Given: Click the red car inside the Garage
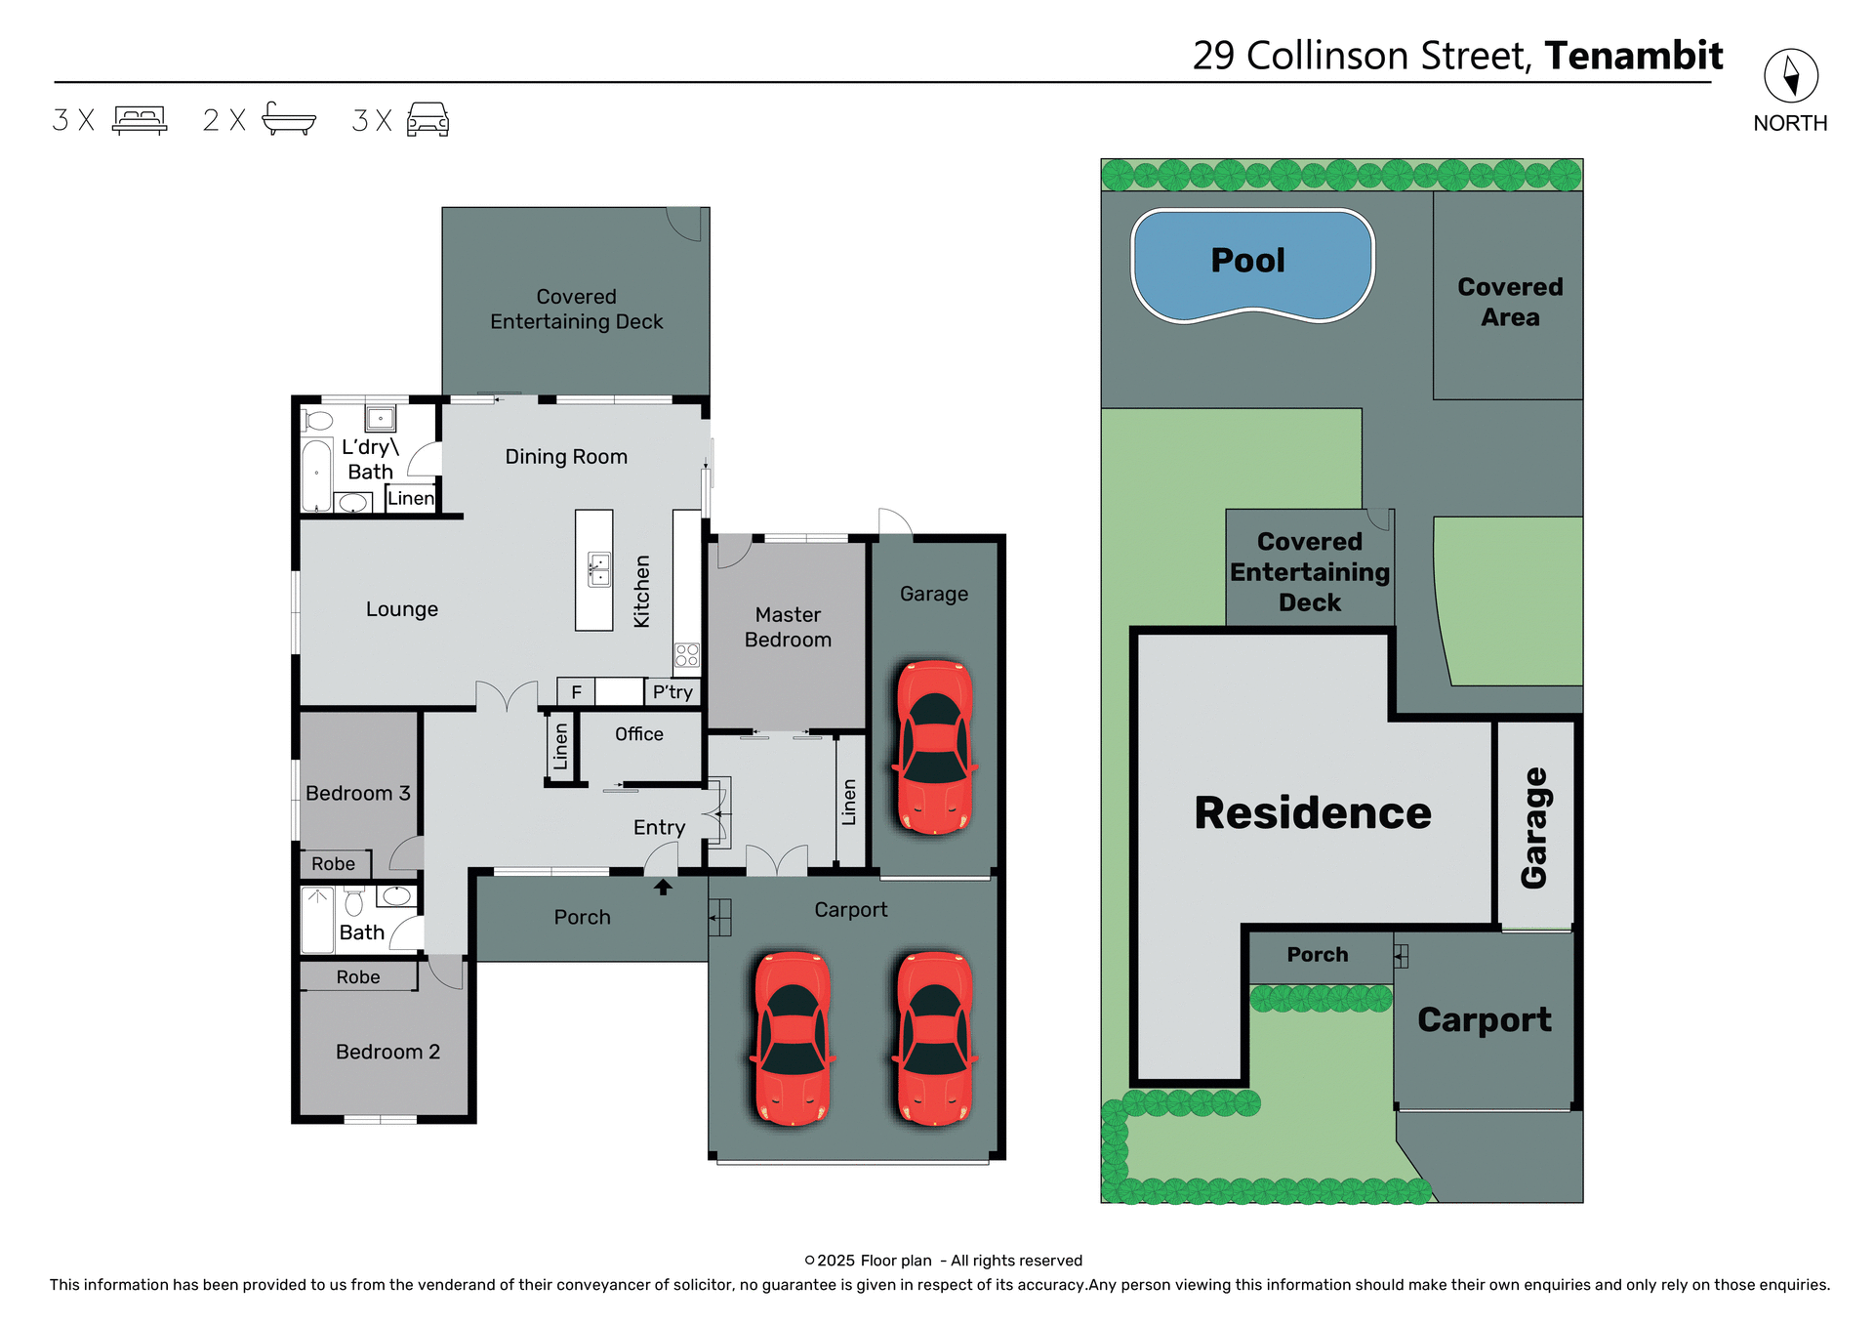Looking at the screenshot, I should (934, 747).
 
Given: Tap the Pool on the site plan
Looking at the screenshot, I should (1251, 264).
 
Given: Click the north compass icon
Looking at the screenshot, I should (1790, 76).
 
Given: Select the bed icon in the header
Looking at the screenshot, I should (140, 120).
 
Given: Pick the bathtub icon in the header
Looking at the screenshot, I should (289, 119).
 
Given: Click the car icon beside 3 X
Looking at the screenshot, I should (428, 119).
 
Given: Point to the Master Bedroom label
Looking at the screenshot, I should (788, 627).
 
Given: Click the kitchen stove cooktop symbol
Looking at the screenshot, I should (687, 654).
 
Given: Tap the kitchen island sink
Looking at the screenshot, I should (598, 569).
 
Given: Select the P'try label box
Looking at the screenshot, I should (672, 692).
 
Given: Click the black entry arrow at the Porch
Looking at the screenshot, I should (663, 887).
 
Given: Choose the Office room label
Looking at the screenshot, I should (638, 734).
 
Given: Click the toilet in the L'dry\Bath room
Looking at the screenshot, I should (318, 421).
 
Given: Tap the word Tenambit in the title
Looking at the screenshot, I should (1633, 56).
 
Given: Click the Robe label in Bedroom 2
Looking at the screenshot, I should (358, 977).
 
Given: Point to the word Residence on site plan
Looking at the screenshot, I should (1312, 812).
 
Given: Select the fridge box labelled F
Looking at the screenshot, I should (576, 692).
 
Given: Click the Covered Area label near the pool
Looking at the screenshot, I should (1509, 302).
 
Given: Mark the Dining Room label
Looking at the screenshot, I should (566, 457).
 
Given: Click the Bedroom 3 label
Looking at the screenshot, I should (357, 793).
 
